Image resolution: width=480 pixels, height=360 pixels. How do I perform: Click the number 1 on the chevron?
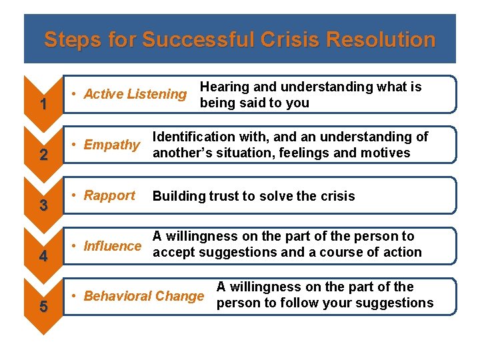(43, 105)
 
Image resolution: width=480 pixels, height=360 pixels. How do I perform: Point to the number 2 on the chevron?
(43, 155)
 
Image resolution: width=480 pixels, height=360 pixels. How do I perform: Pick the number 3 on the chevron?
(43, 206)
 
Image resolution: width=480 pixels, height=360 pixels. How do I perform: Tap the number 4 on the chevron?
(43, 257)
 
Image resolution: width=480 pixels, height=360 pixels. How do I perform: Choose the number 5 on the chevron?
(43, 307)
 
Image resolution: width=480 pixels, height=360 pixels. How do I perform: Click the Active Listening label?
(135, 94)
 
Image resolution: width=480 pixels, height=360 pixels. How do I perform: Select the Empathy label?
(111, 145)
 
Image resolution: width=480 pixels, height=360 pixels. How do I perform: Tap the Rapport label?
(109, 195)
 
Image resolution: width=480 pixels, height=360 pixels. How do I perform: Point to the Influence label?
(112, 246)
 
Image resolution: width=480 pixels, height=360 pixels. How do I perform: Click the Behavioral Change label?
(143, 296)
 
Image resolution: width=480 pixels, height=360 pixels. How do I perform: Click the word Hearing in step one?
(224, 87)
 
